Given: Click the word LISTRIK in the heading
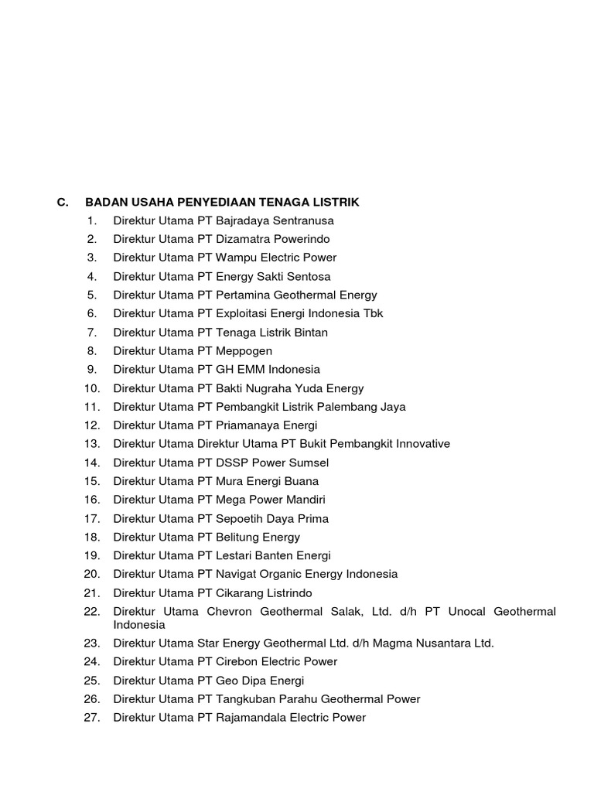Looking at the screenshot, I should [x=336, y=203].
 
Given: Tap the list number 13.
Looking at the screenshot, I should [x=93, y=444].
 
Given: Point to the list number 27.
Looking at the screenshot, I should [x=93, y=718].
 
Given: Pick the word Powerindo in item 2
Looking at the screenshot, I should [x=300, y=239].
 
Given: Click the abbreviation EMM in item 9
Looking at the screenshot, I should [x=253, y=370].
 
